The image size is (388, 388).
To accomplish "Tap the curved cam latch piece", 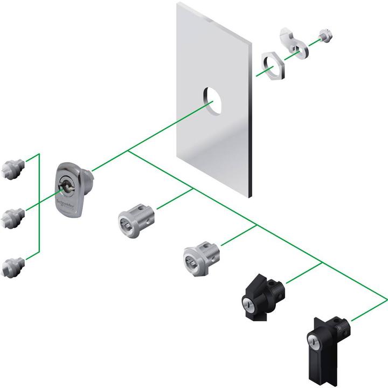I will [294, 43].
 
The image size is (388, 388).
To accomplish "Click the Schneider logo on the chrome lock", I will [64, 204].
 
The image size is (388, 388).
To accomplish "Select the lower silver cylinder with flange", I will [199, 253].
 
